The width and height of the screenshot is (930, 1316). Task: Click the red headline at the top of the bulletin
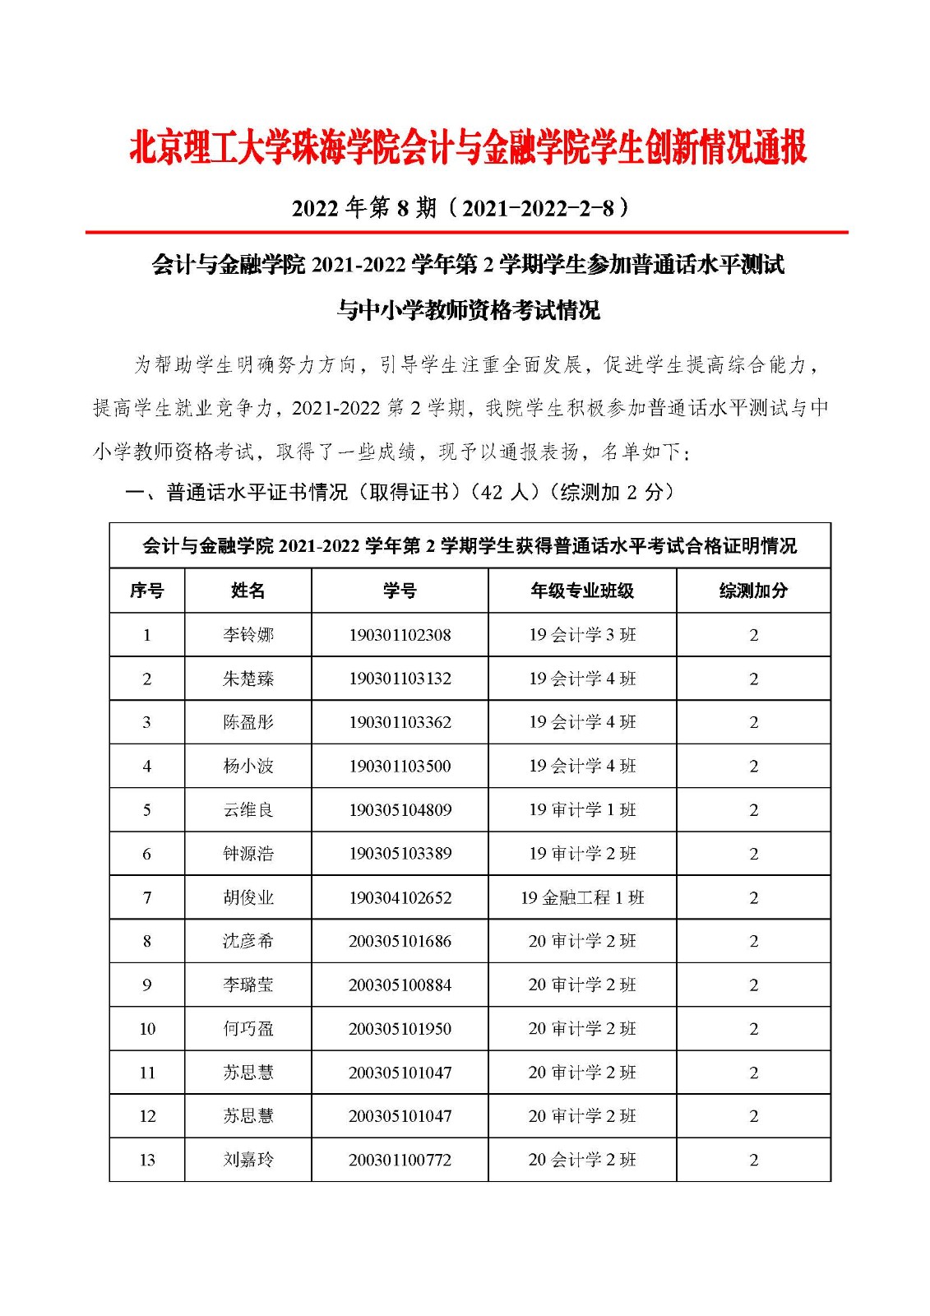[x=468, y=148]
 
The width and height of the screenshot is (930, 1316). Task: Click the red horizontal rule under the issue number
[x=466, y=233]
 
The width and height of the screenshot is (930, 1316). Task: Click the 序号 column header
[x=147, y=591]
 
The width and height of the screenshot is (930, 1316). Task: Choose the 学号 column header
[x=400, y=591]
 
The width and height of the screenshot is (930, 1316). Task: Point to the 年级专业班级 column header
[x=582, y=591]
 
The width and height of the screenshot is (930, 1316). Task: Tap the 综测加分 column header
[x=753, y=591]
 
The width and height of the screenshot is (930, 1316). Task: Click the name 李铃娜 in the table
[x=248, y=635]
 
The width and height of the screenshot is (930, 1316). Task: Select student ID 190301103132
[x=400, y=679]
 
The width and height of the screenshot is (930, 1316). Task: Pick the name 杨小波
[x=248, y=767]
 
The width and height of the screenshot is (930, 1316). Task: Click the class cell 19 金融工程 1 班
[x=582, y=897]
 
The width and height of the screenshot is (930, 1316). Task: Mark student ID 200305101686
[x=400, y=941]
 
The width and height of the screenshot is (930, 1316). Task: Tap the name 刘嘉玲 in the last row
[x=248, y=1160]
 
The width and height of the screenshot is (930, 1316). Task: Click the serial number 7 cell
[x=147, y=897]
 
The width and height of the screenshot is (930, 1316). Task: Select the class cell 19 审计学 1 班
[x=582, y=810]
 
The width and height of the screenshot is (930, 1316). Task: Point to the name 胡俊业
[x=248, y=897]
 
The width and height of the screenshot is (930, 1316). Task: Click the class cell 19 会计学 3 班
[x=582, y=635]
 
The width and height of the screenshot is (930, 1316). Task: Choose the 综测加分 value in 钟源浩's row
[x=753, y=854]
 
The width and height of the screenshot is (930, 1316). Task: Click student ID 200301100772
[x=400, y=1160]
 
